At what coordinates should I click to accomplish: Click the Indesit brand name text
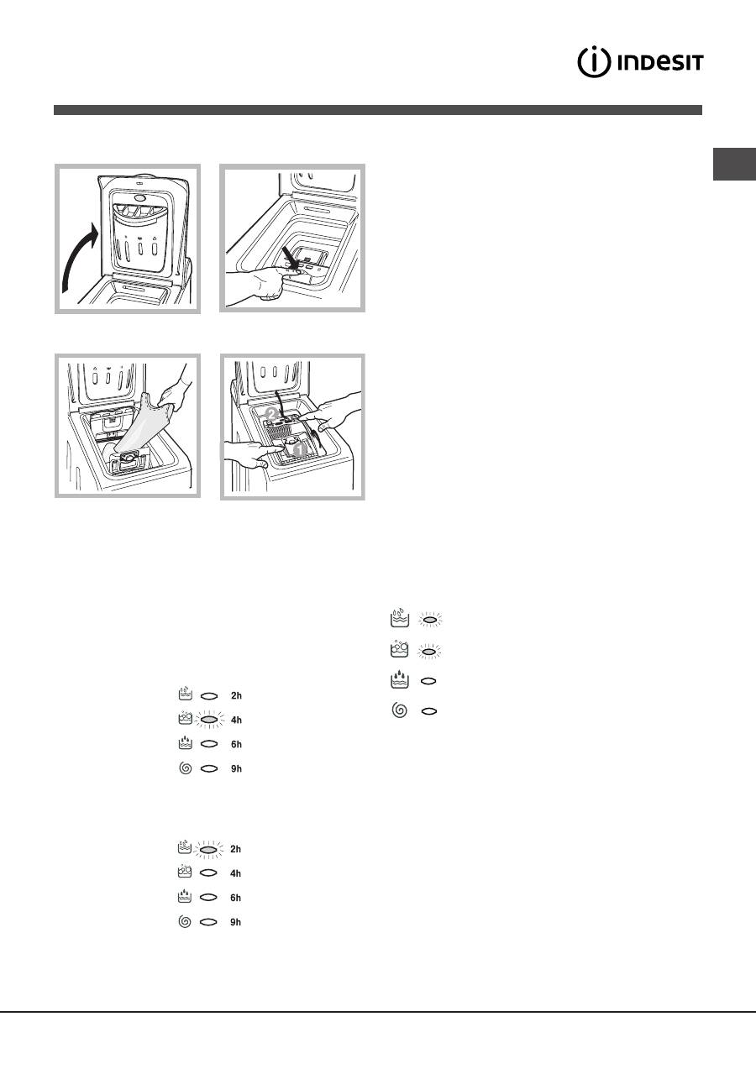[x=660, y=62]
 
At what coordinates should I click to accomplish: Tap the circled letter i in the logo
[x=594, y=62]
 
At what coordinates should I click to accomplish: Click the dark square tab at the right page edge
[x=734, y=164]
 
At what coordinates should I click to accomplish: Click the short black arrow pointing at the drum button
[x=290, y=257]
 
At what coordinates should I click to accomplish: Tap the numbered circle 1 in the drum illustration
[x=299, y=448]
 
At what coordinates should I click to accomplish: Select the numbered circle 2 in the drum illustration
[x=271, y=413]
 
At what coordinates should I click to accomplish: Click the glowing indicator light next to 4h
[x=210, y=720]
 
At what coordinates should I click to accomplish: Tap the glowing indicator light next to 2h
[x=209, y=849]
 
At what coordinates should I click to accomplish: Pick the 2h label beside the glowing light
[x=235, y=849]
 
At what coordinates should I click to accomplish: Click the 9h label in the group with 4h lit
[x=236, y=769]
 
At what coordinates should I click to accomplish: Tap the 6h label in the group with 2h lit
[x=235, y=898]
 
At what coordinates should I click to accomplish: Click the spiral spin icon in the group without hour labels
[x=400, y=710]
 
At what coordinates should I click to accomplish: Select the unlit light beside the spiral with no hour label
[x=429, y=711]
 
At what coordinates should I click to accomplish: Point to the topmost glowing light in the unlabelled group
[x=429, y=620]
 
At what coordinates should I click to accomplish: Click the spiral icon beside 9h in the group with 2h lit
[x=185, y=921]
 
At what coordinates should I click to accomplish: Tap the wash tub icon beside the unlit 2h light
[x=185, y=694]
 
